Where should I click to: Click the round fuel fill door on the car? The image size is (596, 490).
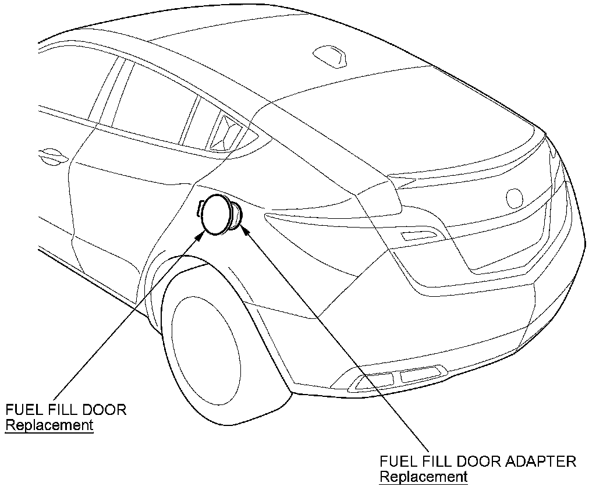click(217, 214)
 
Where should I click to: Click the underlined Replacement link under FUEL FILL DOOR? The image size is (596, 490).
click(49, 425)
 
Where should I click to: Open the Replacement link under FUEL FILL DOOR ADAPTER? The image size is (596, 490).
click(423, 477)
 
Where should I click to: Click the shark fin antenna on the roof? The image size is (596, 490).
click(329, 55)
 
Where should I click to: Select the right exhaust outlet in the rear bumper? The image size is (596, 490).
click(420, 374)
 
